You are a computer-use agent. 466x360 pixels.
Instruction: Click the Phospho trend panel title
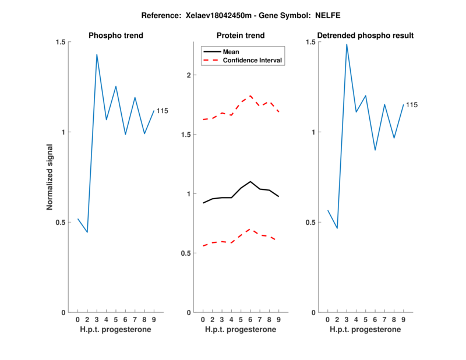point(115,36)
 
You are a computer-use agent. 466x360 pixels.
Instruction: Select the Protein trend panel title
point(241,36)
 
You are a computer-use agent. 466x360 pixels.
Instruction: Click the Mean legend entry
point(231,52)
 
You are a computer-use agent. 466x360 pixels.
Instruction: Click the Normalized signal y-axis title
point(50,177)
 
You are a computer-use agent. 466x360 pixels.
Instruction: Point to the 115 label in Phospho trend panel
point(162,111)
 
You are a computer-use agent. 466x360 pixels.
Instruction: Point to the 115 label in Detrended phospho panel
point(412,105)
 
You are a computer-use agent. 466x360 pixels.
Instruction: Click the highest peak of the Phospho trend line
point(97,55)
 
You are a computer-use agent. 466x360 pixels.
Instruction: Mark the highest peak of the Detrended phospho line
point(347,44)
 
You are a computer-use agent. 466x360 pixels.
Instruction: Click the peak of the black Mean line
point(250,181)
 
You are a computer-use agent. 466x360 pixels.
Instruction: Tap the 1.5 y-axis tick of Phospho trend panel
point(61,42)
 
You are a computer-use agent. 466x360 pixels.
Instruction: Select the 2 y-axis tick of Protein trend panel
point(188,75)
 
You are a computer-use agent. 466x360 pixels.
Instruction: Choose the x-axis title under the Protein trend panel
point(241,329)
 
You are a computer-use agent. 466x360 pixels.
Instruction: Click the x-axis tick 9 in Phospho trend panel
point(154,319)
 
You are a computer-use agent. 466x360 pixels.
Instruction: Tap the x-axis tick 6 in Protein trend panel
point(250,319)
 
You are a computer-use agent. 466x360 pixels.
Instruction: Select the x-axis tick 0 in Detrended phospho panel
point(327,319)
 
